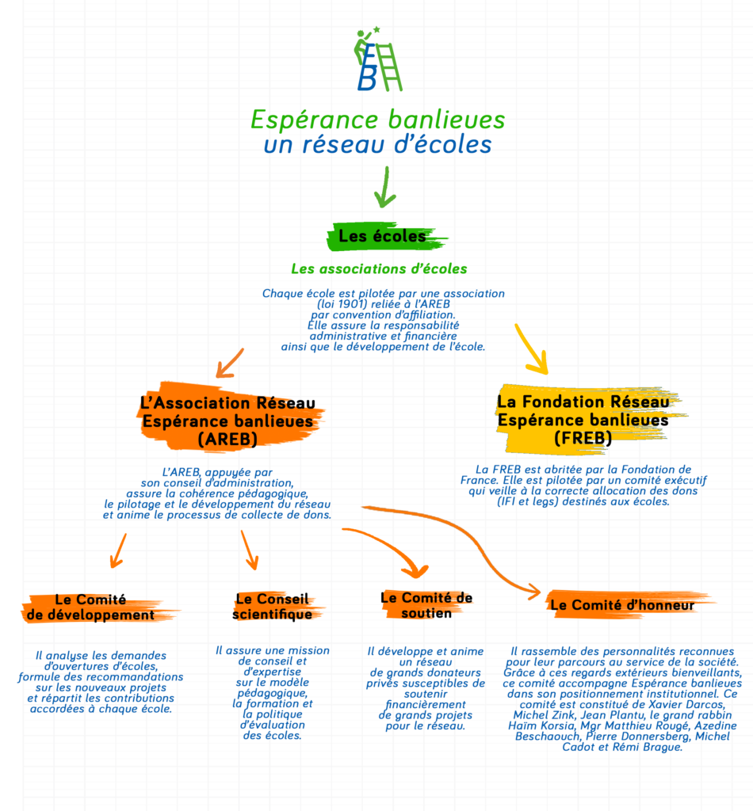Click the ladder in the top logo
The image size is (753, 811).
point(390,67)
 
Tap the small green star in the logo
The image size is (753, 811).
point(376,29)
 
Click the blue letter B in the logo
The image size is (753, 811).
point(367,80)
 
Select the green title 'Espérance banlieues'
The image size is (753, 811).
point(378,120)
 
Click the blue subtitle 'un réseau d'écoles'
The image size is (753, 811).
point(378,144)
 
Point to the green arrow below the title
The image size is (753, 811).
point(385,187)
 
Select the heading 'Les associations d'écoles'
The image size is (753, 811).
point(379,269)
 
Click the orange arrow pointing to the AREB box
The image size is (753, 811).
point(229,363)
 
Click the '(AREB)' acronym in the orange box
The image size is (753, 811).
point(227,439)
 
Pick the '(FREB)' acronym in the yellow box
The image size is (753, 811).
point(583,438)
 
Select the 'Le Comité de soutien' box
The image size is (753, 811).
point(426,606)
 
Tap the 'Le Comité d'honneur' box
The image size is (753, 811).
point(626,604)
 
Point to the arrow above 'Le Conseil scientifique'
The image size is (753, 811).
point(250,550)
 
